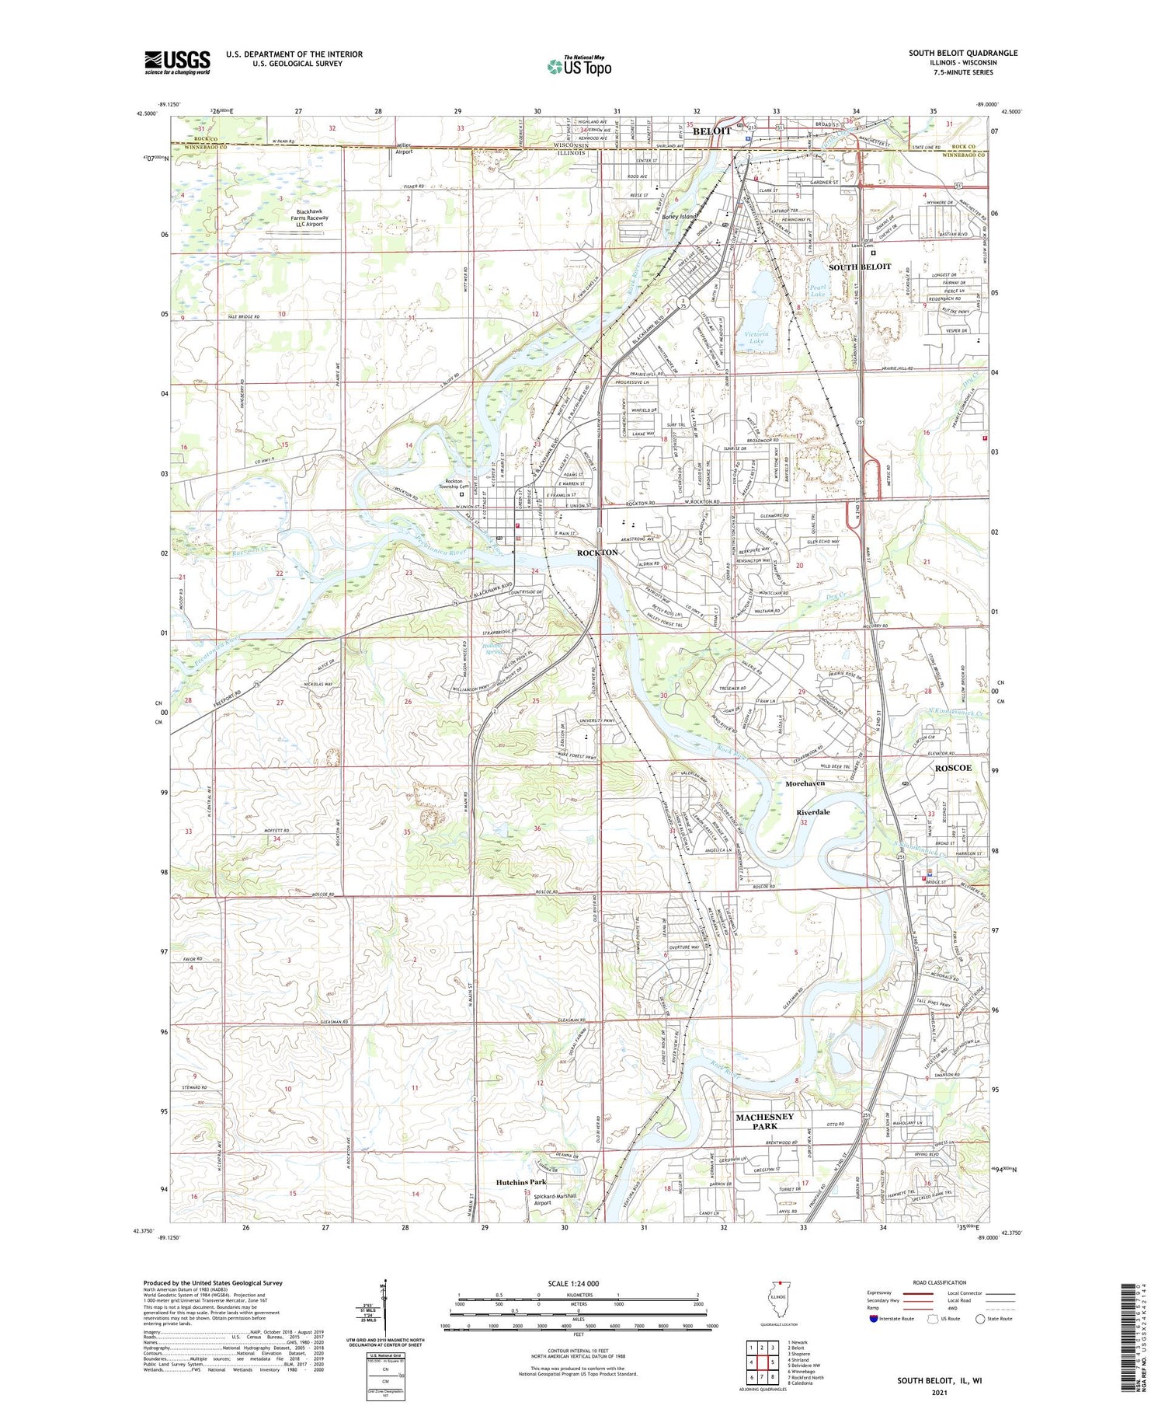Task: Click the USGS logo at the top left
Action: [177, 62]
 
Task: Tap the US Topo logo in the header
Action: [579, 66]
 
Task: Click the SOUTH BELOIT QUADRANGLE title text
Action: [963, 53]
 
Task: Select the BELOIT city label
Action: [711, 131]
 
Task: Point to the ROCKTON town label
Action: [597, 552]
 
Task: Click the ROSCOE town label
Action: [952, 767]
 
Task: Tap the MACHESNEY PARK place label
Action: [765, 1121]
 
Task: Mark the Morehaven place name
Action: [805, 783]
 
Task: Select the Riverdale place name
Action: [813, 811]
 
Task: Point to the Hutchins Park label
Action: [520, 1181]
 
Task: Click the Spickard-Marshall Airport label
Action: [556, 1198]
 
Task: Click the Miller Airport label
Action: [404, 148]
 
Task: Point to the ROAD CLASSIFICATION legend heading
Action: [939, 1282]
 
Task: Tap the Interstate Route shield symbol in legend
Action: [873, 1318]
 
